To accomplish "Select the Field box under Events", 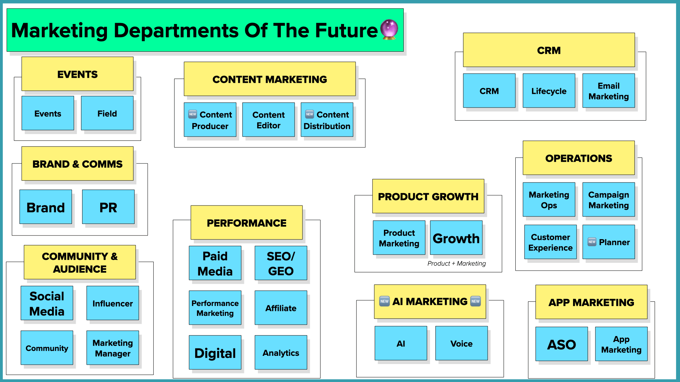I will (107, 113).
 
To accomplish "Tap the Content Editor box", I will (268, 120).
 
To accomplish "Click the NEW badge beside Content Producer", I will (193, 114).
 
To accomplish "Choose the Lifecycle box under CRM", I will (549, 91).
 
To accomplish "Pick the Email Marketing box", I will (608, 91).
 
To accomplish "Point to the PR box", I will (108, 207).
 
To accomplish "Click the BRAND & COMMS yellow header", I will (77, 164).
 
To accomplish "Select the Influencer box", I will (113, 303).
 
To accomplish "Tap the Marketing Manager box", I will (113, 348).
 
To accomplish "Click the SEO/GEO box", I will (280, 264).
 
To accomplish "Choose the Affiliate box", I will (280, 308).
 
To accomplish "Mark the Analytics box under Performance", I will (280, 353).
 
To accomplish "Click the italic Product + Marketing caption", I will (456, 264).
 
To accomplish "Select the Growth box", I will (456, 238).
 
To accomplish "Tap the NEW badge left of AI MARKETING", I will (384, 301).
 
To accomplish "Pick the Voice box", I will (461, 343).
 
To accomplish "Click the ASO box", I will (561, 344).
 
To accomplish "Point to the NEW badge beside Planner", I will (592, 242).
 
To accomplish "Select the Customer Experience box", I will (550, 242).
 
